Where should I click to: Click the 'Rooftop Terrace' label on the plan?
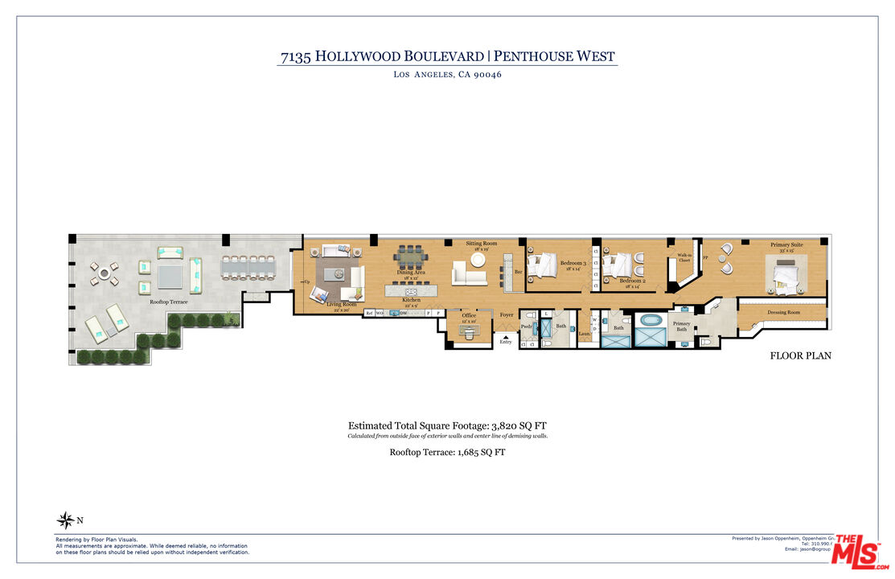point(168,302)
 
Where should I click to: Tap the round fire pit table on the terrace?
point(103,273)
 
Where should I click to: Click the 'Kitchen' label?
point(411,302)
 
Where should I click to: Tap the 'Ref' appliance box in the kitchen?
point(369,313)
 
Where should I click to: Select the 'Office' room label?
point(469,315)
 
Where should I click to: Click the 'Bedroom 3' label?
point(573,263)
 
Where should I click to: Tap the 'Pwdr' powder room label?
point(526,327)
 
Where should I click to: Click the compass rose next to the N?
point(65,520)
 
